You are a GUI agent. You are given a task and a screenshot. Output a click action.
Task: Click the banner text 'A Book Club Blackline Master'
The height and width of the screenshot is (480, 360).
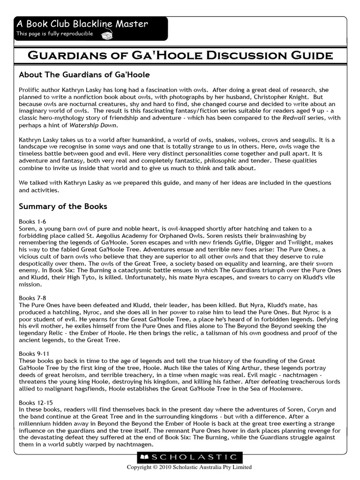coord(82,23)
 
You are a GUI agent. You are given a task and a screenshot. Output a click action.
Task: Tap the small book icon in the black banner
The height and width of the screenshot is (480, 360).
coord(107,34)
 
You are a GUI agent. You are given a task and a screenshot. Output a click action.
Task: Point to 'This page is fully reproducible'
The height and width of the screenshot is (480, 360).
coord(55,34)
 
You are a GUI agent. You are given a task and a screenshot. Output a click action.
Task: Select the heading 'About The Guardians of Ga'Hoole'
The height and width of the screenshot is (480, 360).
coord(84,75)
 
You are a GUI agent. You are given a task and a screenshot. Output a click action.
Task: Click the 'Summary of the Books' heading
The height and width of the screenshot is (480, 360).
coord(63,206)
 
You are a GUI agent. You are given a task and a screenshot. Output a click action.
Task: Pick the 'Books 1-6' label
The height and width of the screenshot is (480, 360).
coord(32,221)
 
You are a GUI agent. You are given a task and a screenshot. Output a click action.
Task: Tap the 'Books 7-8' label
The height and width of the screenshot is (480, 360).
coord(32,298)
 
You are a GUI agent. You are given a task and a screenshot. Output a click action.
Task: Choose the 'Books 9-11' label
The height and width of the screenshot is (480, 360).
coord(34,353)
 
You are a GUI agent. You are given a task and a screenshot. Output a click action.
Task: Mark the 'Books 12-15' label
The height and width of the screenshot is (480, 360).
coord(36,402)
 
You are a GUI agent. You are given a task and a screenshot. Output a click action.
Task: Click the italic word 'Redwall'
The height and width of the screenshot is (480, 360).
coord(293,118)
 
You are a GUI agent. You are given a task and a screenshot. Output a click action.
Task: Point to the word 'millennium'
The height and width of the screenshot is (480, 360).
coord(37,423)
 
